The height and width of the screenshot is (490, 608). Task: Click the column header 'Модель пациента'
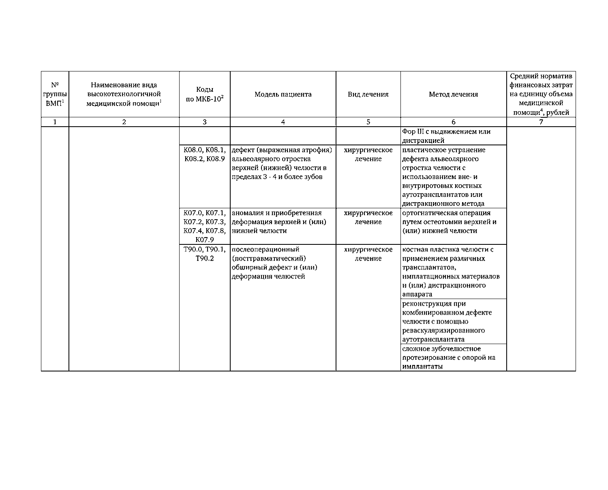(x=283, y=94)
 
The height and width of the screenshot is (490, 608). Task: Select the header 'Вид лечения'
(x=368, y=94)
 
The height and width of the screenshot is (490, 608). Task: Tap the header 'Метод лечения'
(x=453, y=94)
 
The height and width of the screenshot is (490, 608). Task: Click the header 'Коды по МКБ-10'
(x=205, y=95)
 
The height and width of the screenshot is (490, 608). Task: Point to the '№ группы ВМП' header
(x=55, y=94)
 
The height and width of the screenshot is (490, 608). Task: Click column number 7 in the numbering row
(x=541, y=122)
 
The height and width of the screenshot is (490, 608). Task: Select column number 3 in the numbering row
(x=205, y=122)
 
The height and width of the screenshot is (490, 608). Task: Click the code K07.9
(x=205, y=240)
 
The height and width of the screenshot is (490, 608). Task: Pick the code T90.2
(x=205, y=258)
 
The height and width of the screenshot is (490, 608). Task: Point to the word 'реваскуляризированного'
(x=443, y=330)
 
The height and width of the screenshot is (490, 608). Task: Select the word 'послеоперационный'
(x=265, y=249)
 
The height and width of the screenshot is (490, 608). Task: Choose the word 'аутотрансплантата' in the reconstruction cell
(x=433, y=339)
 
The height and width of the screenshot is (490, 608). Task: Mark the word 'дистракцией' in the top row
(x=423, y=140)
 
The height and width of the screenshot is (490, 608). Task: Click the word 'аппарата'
(x=417, y=294)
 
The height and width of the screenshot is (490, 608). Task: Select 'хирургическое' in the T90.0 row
(x=368, y=249)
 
